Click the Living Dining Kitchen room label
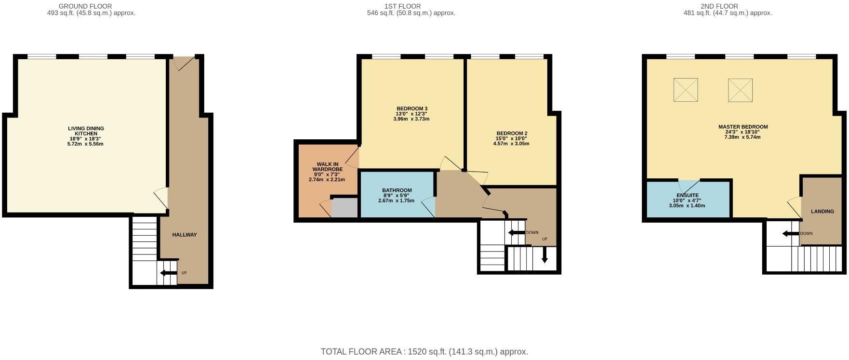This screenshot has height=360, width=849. coord(86,131)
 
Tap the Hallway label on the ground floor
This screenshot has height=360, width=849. coord(185,235)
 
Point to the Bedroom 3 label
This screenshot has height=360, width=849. coord(412,108)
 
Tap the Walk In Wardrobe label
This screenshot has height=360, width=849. coord(327,167)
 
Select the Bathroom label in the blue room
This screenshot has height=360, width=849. coord(397,190)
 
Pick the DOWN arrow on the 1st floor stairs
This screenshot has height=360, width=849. coord(517,233)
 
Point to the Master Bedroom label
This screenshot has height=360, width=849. coord(743,127)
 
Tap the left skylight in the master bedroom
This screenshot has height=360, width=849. coord(685,90)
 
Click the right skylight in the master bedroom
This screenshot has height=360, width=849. coord(740,90)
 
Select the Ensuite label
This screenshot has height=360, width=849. coord(687,195)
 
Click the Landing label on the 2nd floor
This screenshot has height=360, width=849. coord(822,212)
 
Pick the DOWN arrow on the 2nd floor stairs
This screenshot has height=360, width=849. coord(791,234)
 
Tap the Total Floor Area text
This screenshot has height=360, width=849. coord(424,352)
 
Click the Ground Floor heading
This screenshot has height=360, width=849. coord(85,6)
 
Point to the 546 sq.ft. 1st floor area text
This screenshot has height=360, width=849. coord(411,13)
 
